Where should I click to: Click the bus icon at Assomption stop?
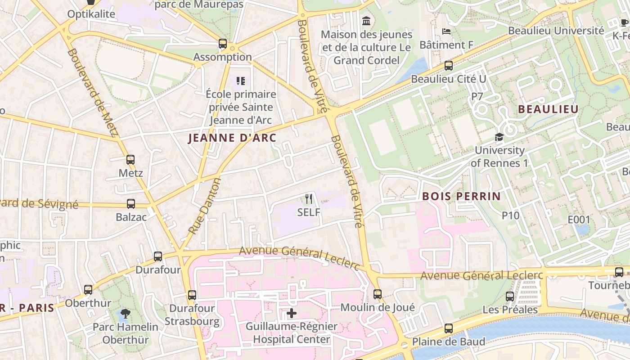click(x=222, y=44)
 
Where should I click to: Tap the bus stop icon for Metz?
click(x=130, y=160)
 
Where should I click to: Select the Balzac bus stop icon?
click(x=131, y=204)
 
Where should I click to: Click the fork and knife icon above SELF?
click(x=309, y=198)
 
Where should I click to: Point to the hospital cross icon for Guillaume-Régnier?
click(x=292, y=313)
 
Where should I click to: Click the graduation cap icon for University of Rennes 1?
click(x=499, y=137)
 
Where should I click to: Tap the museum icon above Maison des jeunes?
click(x=367, y=21)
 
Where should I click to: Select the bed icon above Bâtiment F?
click(x=446, y=31)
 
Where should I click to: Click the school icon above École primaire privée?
click(x=241, y=81)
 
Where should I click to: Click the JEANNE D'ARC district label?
click(x=232, y=138)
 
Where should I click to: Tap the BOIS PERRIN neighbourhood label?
click(x=461, y=196)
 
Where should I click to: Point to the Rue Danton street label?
click(x=205, y=206)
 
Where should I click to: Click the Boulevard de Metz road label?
click(x=92, y=92)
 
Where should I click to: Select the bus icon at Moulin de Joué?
click(x=378, y=294)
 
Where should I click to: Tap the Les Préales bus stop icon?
click(x=510, y=297)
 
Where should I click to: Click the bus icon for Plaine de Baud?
click(x=449, y=328)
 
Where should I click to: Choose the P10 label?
click(x=511, y=216)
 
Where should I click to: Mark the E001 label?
click(x=578, y=220)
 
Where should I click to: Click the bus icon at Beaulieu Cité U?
click(x=449, y=66)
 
